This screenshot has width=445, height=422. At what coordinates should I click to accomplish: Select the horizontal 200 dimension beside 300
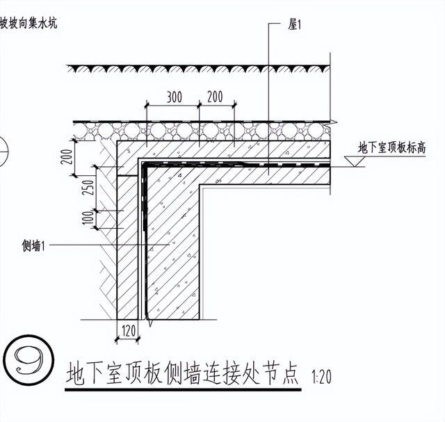[215, 97]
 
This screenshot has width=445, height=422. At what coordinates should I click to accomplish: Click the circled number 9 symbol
[26, 360]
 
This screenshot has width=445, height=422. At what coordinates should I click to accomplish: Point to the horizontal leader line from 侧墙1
[104, 245]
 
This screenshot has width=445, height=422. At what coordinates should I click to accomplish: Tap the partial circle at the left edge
[3, 147]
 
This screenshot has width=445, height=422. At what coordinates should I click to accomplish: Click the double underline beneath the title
[182, 391]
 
